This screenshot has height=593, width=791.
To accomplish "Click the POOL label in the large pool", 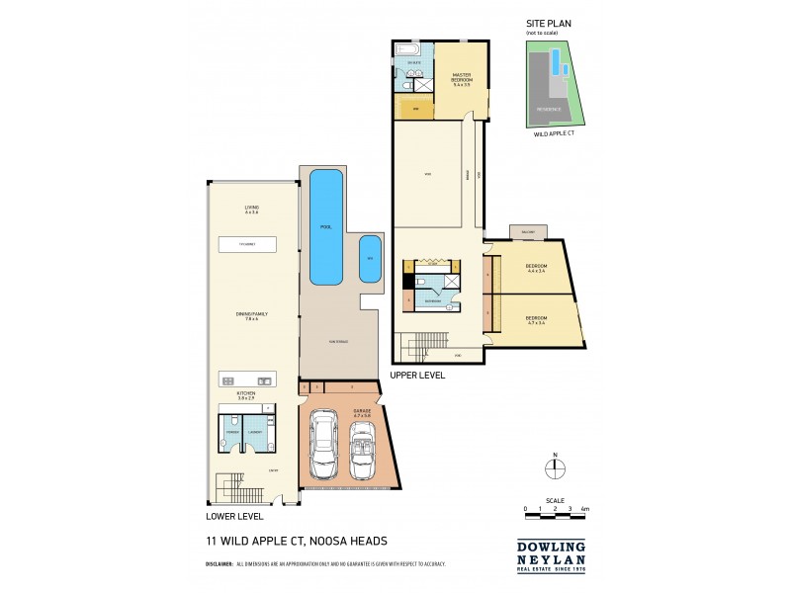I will [325, 226].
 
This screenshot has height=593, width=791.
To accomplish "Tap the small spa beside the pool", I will [370, 258].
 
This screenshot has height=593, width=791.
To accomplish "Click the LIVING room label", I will [251, 210].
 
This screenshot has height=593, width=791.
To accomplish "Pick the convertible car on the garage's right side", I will [362, 451].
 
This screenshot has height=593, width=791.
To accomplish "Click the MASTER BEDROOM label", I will [460, 77].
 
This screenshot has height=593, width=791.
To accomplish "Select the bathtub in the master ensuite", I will [408, 48].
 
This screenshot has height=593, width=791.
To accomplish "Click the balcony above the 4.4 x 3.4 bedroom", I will [522, 232].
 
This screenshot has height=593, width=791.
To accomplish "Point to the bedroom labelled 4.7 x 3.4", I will [537, 320].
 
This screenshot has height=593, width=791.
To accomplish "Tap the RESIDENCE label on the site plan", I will [549, 110].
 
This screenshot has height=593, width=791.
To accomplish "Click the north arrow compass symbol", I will [555, 470].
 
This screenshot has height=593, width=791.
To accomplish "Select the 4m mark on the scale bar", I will [585, 508].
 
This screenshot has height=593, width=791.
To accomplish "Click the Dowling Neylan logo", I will [552, 551].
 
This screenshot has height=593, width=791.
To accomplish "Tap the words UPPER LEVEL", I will [419, 376].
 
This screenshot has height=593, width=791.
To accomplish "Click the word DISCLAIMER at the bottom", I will [219, 564].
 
